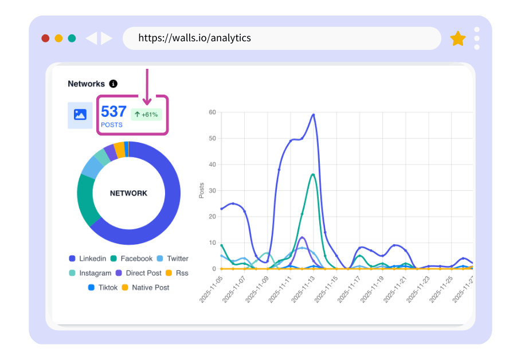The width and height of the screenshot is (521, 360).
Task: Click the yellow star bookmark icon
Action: point(458,38)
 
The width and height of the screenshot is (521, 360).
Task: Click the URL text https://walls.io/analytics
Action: point(194,38)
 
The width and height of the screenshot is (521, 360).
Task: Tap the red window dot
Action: point(45,38)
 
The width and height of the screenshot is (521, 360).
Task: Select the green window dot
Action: point(72,38)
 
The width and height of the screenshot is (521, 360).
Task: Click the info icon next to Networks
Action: point(113,84)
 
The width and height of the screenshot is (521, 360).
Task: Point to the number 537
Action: point(113,111)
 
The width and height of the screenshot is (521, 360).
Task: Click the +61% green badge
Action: point(147,115)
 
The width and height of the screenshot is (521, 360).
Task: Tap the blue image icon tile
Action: point(80,115)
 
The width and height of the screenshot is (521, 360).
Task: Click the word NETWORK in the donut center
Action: point(128,193)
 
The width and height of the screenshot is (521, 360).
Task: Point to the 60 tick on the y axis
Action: point(212,112)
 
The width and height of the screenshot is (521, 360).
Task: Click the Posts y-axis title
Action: point(201,190)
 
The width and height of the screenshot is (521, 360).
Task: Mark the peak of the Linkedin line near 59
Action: point(314,115)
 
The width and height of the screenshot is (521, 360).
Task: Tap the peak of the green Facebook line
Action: point(313,174)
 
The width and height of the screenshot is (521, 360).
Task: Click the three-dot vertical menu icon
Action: point(477,38)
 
